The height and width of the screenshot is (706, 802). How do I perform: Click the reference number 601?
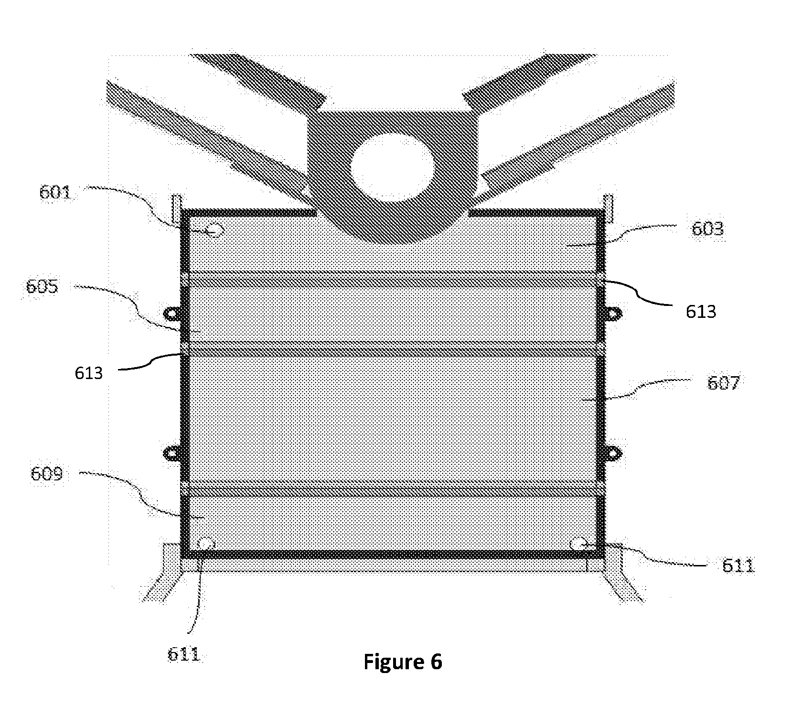54,193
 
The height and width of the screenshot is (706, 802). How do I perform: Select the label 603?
708,229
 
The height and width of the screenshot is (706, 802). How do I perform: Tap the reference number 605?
42,286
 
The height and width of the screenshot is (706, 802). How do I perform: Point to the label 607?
723,383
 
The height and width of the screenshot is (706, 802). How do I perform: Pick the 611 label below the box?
183,654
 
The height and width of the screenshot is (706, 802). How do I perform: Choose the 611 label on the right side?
738,566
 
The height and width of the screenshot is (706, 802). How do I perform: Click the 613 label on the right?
701,312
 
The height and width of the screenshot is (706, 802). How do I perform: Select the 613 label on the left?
89,372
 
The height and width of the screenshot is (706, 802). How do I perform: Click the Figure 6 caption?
403,662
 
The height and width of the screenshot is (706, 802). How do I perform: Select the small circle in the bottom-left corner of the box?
206,543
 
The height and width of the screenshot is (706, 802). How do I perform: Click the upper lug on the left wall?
172,313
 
